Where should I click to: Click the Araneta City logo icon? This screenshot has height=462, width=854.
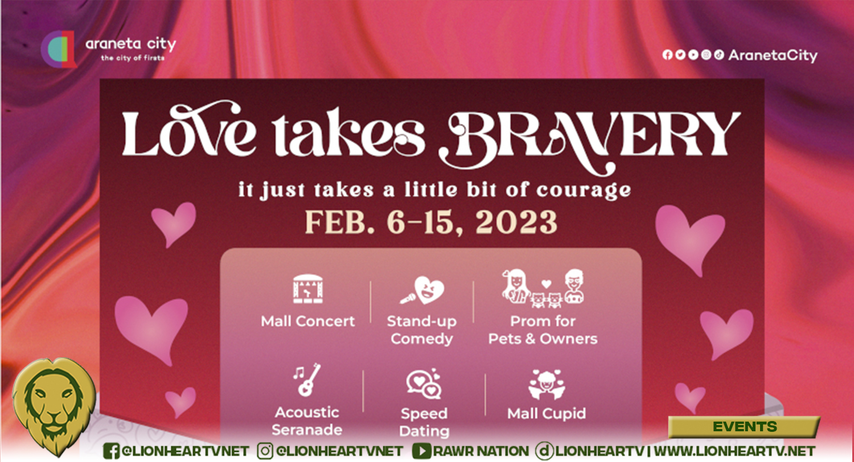coord(59,49)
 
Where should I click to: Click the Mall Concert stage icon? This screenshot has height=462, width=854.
coord(307,290)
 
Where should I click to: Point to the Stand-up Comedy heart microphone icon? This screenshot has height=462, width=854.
coord(421,291)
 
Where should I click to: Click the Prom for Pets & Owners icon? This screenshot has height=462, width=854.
coord(544,287)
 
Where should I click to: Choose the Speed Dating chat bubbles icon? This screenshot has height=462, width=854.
coord(424,384)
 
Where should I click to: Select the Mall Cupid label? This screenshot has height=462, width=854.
coord(547,413)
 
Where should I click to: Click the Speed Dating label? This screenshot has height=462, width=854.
coord(424,422)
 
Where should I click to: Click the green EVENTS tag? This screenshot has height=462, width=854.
coord(744,427)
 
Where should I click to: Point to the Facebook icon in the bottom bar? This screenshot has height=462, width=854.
coord(112,451)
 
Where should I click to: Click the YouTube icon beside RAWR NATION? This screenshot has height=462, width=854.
coord(421,451)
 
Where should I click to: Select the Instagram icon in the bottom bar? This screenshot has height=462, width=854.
coord(265,451)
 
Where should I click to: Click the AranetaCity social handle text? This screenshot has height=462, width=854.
coord(773,55)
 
